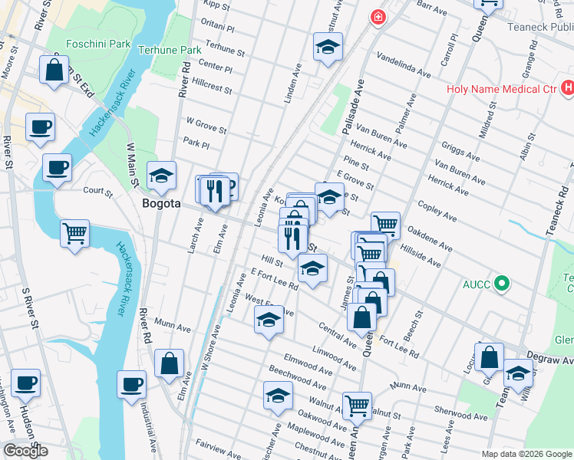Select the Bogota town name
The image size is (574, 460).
point(162,204)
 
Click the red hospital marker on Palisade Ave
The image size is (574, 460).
point(378,17)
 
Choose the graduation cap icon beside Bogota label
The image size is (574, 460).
point(162,176)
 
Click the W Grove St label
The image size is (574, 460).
point(206,124)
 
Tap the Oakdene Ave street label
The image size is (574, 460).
point(428,234)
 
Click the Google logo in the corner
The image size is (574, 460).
point(25,451)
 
